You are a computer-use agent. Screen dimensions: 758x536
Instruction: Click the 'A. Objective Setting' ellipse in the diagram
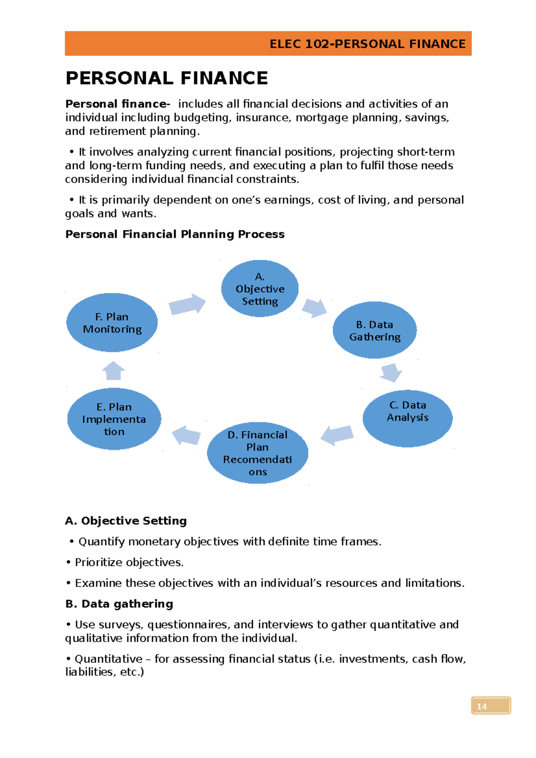(260, 288)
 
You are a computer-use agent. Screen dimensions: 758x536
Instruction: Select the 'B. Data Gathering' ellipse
(375, 330)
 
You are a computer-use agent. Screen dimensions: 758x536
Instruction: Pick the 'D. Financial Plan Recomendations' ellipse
(258, 453)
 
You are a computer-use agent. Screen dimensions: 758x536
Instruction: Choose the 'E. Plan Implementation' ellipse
(114, 419)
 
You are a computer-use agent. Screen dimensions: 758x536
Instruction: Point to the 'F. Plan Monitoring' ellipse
(112, 323)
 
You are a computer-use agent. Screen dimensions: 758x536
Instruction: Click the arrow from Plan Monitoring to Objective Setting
(187, 304)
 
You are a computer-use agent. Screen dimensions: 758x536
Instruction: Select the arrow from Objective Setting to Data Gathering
(314, 308)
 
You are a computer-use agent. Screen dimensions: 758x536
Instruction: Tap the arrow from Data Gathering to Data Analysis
(391, 372)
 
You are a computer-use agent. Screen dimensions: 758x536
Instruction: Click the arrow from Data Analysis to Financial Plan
(337, 435)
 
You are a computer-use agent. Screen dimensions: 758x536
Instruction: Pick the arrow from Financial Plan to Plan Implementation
(186, 435)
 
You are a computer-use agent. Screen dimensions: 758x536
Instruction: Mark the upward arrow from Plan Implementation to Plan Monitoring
(113, 371)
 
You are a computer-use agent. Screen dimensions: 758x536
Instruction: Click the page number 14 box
(490, 706)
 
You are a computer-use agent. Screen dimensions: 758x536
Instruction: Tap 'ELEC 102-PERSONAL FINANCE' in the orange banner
(367, 44)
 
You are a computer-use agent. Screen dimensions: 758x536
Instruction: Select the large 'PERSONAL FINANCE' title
(167, 78)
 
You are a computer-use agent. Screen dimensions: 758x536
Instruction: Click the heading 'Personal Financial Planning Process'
(175, 234)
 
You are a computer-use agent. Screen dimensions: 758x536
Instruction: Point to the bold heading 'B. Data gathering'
(119, 604)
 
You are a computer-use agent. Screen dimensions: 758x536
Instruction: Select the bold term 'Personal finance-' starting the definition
(117, 104)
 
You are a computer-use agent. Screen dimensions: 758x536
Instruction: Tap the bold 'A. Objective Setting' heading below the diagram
(126, 521)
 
